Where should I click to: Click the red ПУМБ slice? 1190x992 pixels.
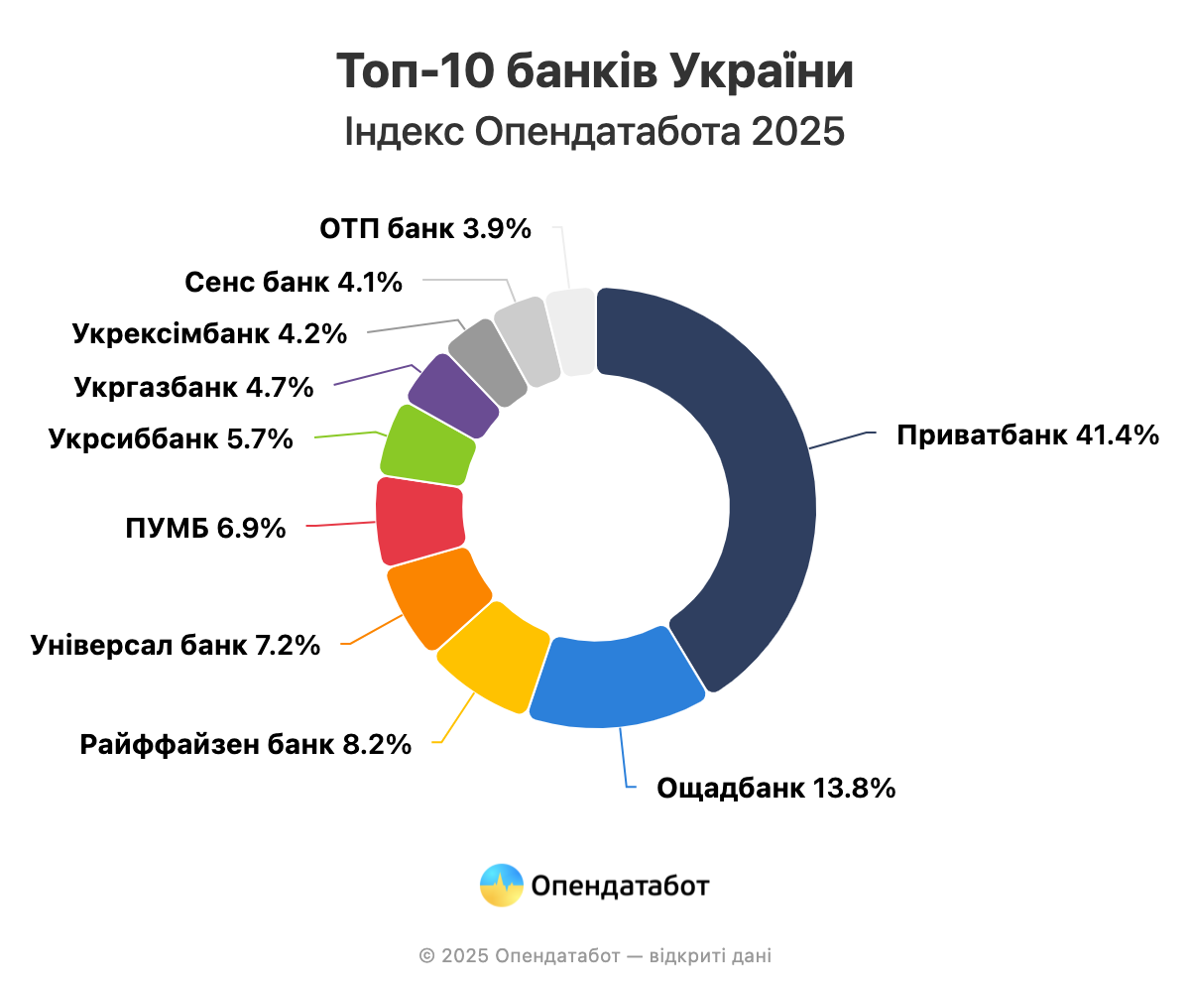coord(419,518)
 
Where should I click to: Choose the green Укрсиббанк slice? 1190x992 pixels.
coord(427,445)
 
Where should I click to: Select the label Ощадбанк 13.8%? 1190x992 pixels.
coord(776,789)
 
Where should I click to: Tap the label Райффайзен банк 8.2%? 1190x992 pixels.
coord(246,744)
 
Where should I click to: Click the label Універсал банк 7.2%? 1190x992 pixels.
coord(176,646)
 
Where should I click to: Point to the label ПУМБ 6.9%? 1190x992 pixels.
coord(205,529)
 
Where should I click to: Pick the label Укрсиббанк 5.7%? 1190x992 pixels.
coord(171,438)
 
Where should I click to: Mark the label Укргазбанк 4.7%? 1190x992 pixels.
coord(193,387)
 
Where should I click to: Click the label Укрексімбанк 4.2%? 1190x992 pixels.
coord(209,334)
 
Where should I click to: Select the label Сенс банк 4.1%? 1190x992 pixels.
coord(294,283)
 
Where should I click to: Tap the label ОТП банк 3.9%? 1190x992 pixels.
coord(425,230)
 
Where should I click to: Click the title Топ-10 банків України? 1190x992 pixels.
coord(595,73)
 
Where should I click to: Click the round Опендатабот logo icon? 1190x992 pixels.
coord(502,885)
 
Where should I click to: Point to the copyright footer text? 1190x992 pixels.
coord(595,956)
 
